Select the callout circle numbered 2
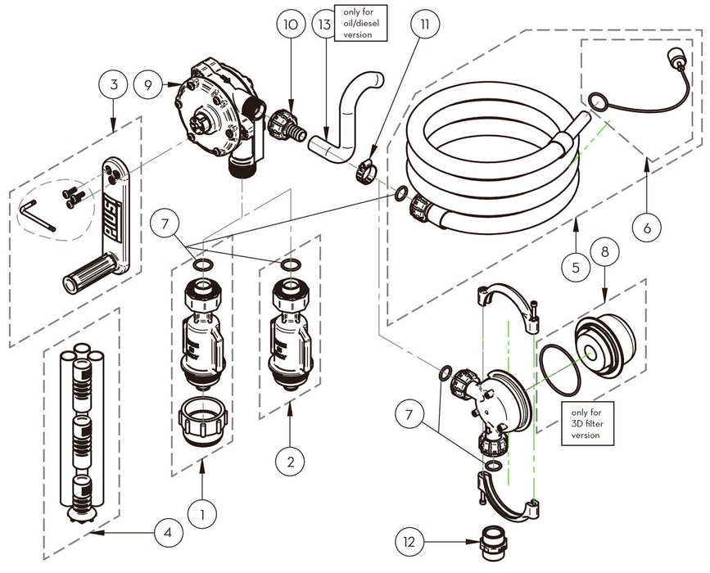coord(291,461)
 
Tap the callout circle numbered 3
coord(115,84)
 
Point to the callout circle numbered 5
coord(577,267)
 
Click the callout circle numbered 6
coord(647,229)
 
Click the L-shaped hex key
coord(36,214)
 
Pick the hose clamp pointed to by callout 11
coord(364,173)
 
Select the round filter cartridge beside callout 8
coord(606,340)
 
